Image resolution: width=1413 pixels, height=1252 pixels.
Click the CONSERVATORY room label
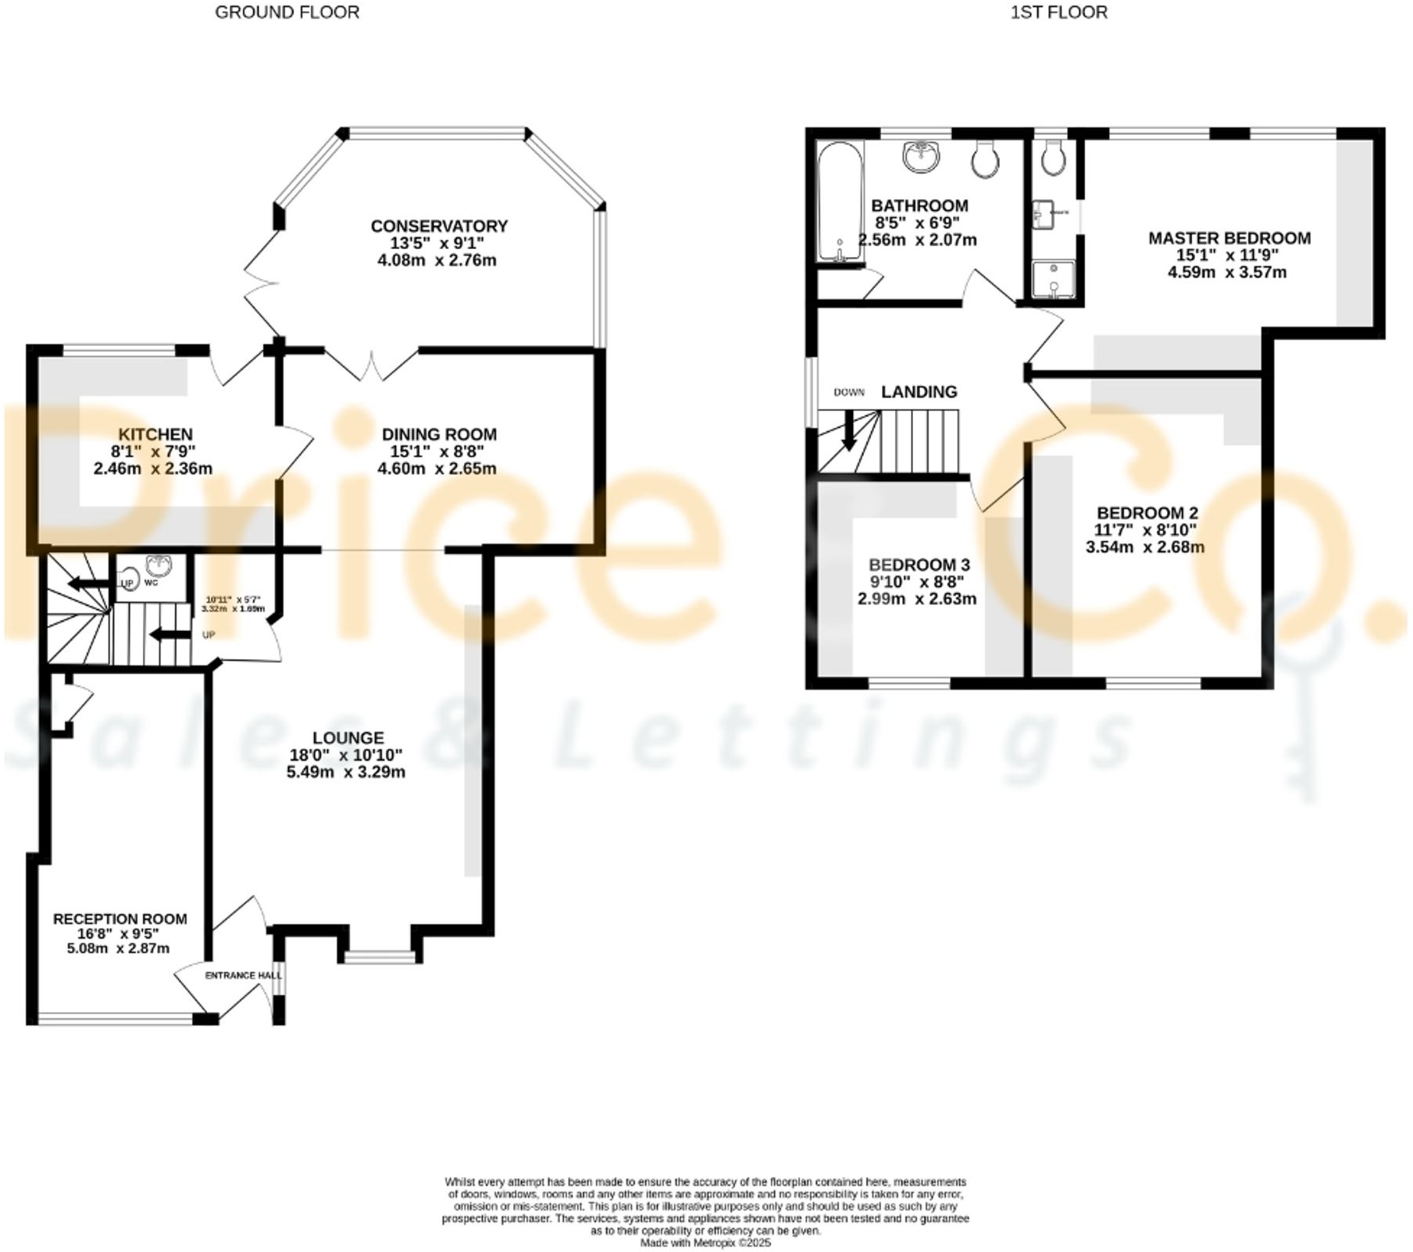439,226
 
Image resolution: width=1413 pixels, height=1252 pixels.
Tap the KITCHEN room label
155,434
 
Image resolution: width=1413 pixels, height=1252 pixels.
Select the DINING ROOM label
439,434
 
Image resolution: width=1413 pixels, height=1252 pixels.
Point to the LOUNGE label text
348,737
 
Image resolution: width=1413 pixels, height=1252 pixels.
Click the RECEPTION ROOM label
120,918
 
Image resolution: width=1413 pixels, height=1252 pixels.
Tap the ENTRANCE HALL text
242,975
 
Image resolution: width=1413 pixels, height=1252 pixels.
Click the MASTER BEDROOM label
1229,238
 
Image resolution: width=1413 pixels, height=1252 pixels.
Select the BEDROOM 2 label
1147,512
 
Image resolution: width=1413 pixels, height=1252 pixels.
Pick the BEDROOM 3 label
919,564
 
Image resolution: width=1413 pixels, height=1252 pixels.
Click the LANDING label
919,391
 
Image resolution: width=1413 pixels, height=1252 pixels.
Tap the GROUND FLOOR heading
287,12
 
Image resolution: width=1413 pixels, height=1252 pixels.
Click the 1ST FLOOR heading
1058,12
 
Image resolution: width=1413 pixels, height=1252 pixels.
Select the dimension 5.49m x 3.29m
346,772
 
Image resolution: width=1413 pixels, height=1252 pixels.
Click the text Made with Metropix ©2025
705,1242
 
